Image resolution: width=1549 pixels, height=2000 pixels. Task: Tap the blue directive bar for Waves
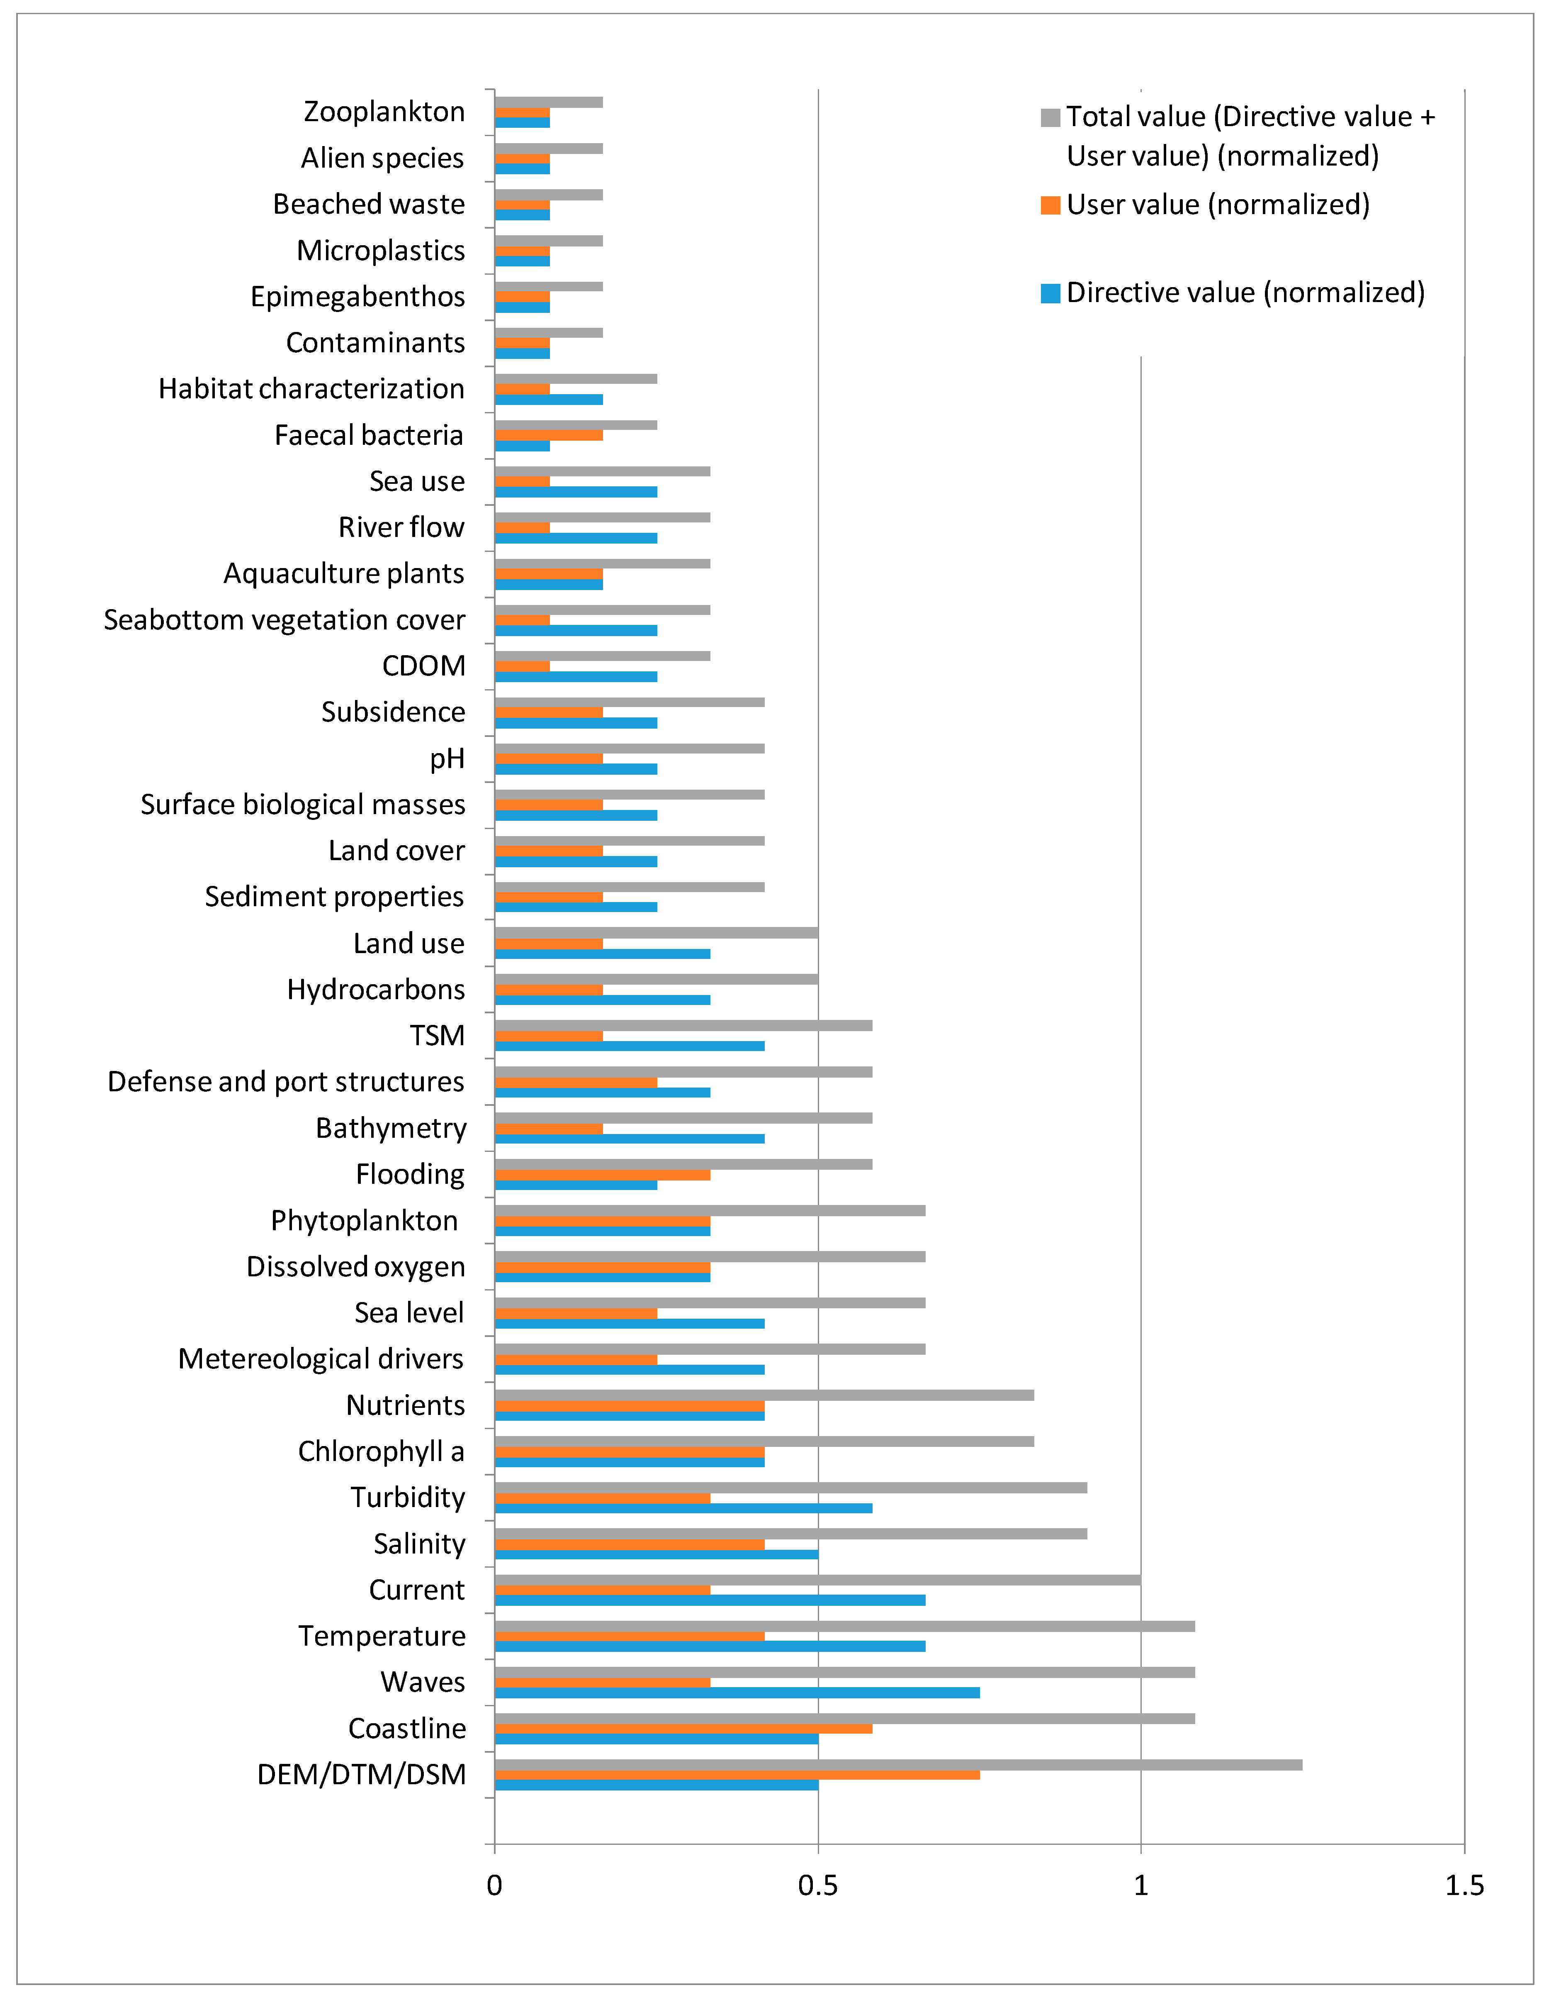(737, 1692)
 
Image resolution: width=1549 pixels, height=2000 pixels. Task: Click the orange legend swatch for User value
(1050, 205)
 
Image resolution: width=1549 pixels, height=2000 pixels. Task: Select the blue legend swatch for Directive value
(1050, 293)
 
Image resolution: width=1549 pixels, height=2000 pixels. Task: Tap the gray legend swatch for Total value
(1050, 117)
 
